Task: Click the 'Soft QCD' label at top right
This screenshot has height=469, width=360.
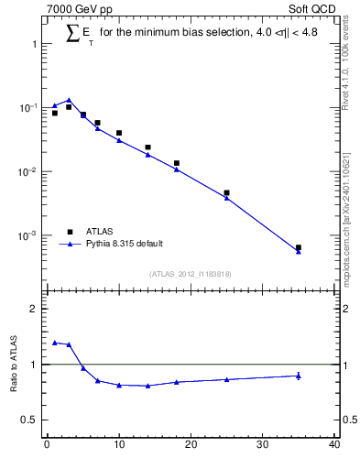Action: point(315,10)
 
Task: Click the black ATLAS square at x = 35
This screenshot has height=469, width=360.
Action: point(299,247)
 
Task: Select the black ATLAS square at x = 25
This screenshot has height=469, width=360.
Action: point(226,193)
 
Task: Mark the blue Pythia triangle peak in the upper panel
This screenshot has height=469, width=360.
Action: point(69,100)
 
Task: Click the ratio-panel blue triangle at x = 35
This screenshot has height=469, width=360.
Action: point(299,376)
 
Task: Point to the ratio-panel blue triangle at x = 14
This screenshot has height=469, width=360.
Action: point(147,386)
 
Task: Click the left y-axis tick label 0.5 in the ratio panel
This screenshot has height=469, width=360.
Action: point(29,420)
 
